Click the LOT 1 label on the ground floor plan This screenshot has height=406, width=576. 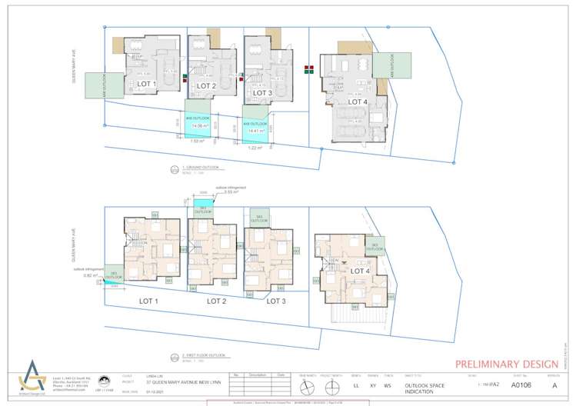pyautogui.click(x=146, y=84)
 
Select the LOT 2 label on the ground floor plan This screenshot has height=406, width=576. pyautogui.click(x=205, y=85)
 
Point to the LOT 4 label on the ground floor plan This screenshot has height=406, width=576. pyautogui.click(x=357, y=101)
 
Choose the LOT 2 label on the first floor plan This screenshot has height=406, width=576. pyautogui.click(x=217, y=301)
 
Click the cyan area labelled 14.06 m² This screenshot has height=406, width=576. pyautogui.click(x=201, y=122)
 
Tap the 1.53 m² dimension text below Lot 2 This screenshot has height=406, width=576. pyautogui.click(x=196, y=141)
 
